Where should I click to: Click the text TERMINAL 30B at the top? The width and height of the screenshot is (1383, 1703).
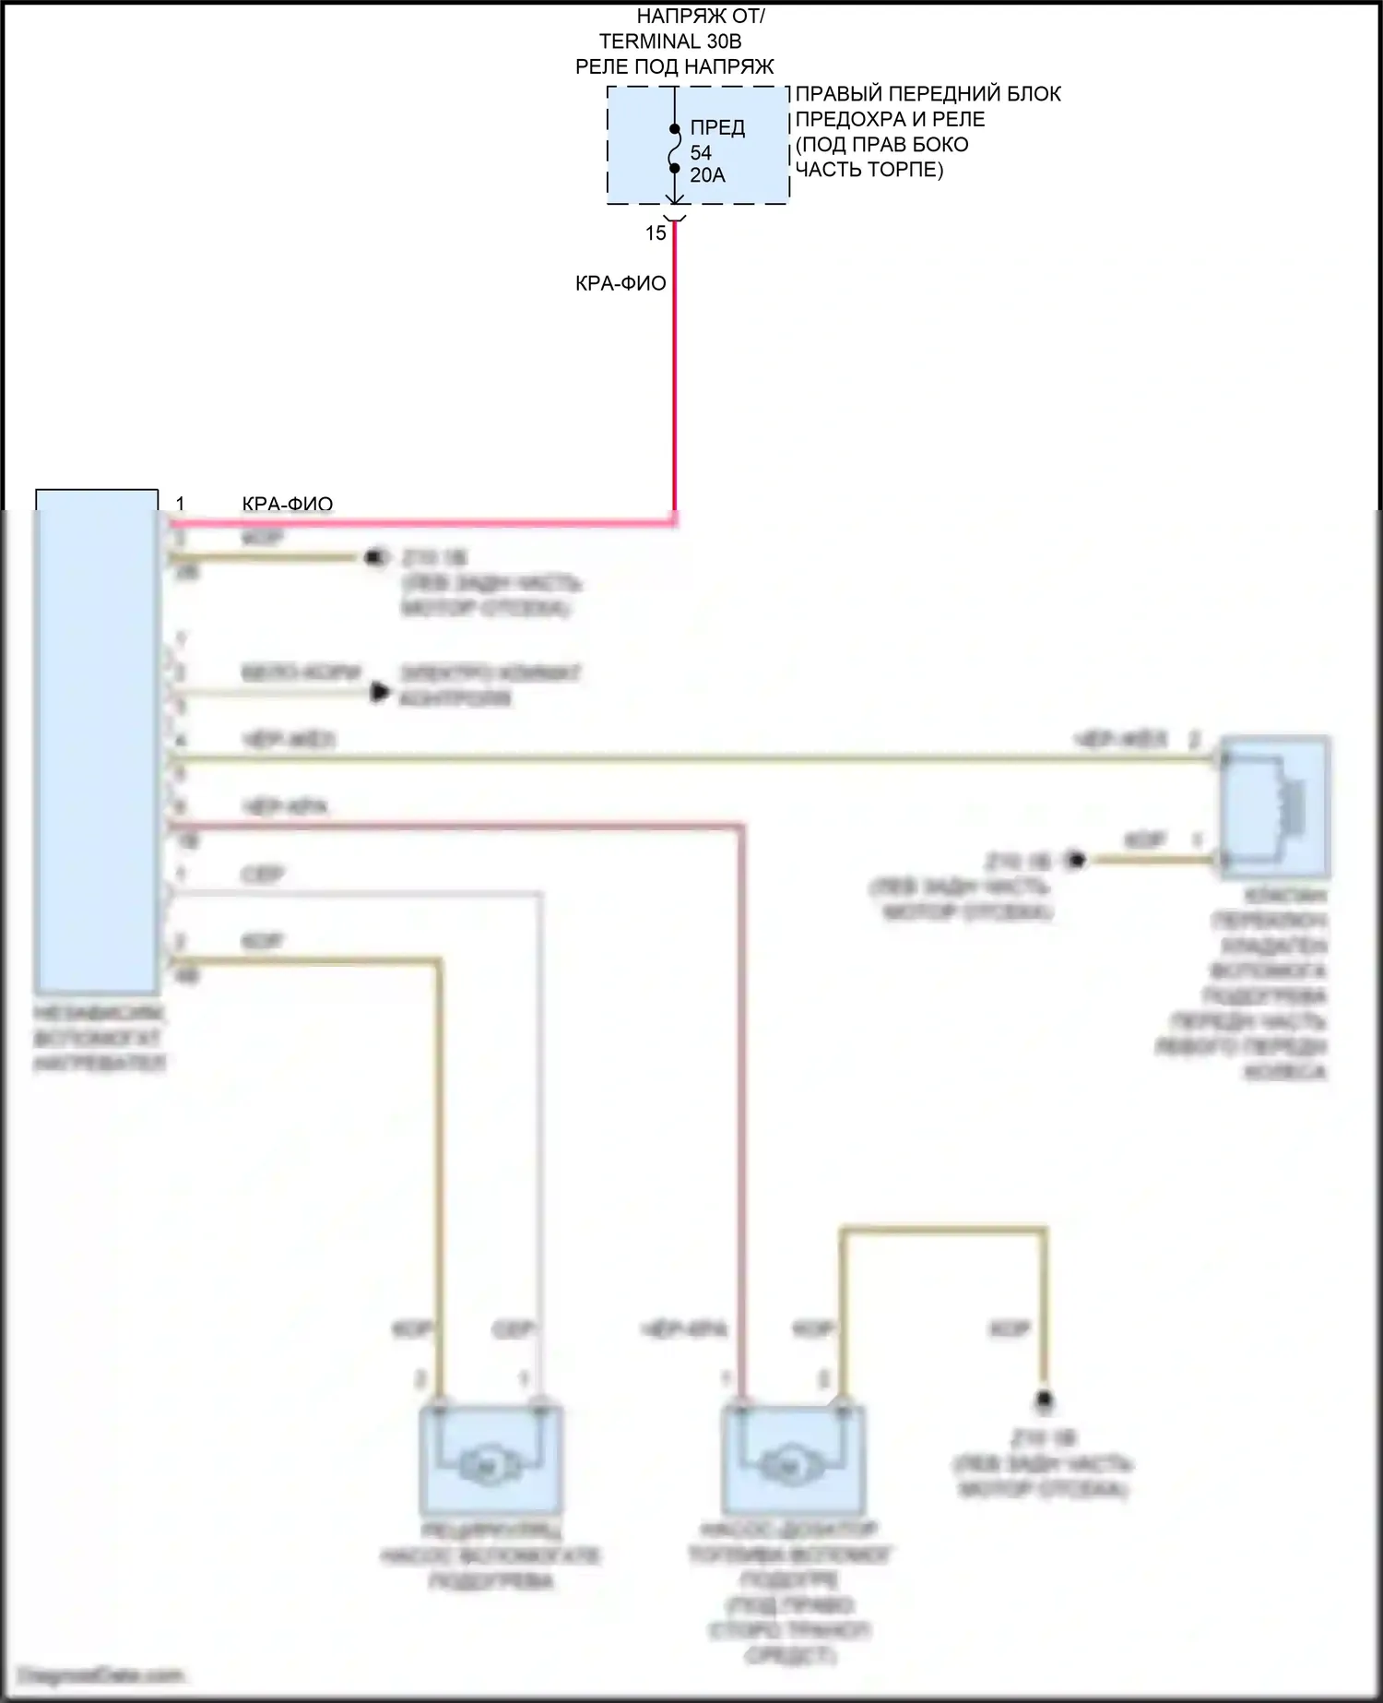coord(670,42)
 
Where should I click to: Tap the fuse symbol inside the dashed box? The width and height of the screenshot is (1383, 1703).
coord(675,149)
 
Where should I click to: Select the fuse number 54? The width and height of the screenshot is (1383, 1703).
coord(701,152)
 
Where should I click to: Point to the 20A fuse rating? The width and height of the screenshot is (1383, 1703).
coord(707,175)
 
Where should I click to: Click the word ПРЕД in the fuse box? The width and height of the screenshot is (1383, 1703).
coord(717,127)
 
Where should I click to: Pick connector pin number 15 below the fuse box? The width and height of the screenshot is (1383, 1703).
coord(656,233)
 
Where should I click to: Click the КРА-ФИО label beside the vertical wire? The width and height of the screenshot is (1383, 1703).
coord(621,283)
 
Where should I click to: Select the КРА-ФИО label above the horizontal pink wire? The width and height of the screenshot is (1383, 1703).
coord(288,504)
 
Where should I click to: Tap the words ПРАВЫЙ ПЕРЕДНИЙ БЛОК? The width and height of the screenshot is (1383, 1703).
coord(928,94)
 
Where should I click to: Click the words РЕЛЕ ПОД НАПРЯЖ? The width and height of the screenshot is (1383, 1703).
coord(675,66)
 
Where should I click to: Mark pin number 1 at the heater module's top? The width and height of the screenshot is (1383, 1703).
coord(181,504)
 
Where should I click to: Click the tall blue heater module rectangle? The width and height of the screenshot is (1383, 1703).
coord(97,738)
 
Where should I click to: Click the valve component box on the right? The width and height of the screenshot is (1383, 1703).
coord(1276,806)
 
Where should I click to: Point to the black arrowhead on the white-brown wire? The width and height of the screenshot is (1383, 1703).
coord(379,692)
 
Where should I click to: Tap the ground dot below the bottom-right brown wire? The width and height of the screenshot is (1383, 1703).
coord(1044,1399)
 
